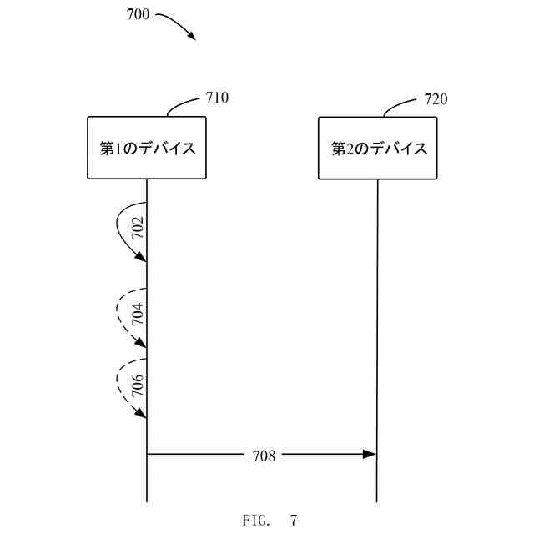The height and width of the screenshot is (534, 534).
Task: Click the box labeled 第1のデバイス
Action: [147, 149]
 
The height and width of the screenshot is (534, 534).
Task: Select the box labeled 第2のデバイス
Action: [378, 149]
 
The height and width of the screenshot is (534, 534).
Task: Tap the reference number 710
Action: [216, 98]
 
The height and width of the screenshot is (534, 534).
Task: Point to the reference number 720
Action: [436, 99]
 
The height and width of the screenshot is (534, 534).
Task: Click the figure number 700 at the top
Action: [139, 14]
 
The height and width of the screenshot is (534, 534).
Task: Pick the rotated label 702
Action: [138, 229]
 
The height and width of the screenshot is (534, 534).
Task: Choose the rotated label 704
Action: [138, 314]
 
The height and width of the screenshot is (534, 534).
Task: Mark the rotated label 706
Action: [138, 385]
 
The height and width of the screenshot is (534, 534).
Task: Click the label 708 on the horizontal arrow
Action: [264, 455]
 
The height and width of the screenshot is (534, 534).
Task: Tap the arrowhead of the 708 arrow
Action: [370, 454]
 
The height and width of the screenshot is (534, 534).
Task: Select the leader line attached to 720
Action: [400, 106]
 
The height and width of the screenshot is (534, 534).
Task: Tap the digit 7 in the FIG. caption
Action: [293, 521]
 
